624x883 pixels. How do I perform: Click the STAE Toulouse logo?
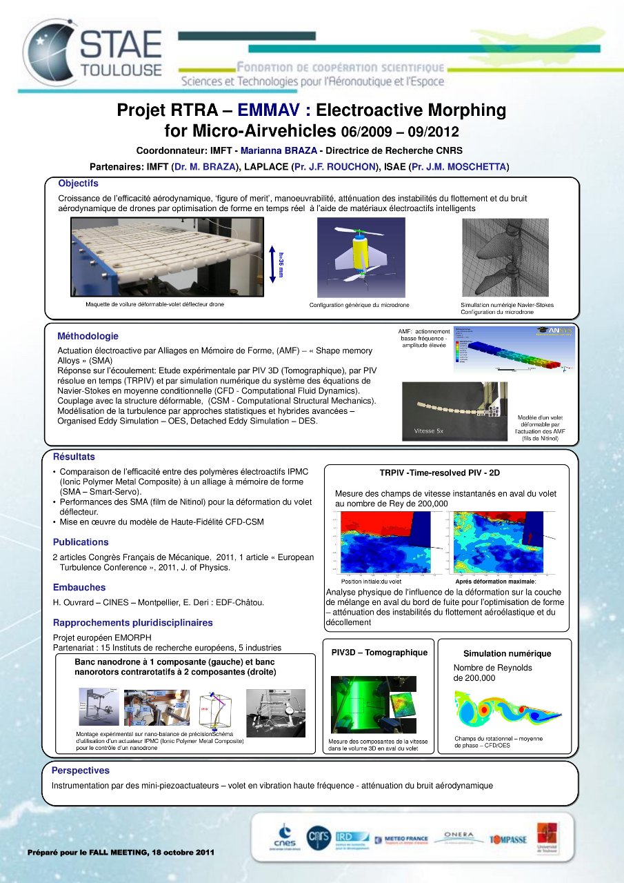(x=93, y=48)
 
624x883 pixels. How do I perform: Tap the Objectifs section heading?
(x=78, y=183)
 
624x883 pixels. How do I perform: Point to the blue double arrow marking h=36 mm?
(x=273, y=265)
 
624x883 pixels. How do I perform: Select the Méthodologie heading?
(x=88, y=336)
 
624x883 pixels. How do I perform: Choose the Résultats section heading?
(x=74, y=457)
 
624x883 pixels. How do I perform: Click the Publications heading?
(x=81, y=542)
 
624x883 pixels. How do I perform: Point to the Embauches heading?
(x=79, y=588)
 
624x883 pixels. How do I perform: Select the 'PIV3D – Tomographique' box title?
(x=379, y=653)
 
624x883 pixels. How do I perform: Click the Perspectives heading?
(x=81, y=771)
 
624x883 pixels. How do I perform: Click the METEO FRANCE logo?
(x=401, y=840)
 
